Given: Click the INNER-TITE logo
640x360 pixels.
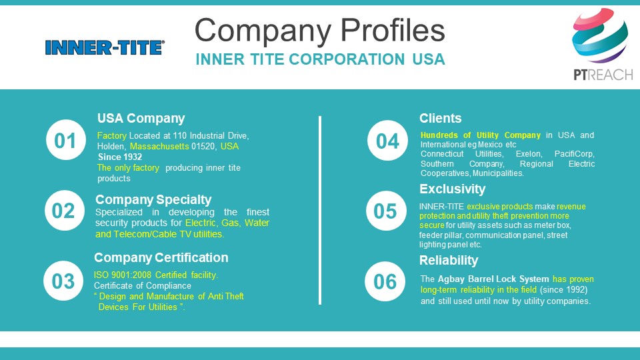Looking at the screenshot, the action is click(x=105, y=47).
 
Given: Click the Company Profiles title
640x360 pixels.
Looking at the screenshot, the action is click(x=319, y=31).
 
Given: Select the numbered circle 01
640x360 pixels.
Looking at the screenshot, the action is click(x=66, y=140).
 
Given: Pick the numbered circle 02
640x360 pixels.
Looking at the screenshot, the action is click(x=65, y=211).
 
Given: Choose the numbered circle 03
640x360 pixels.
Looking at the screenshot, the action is click(x=63, y=281).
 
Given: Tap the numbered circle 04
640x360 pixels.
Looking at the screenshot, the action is click(x=387, y=141).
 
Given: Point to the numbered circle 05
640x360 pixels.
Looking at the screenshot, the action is click(x=386, y=211).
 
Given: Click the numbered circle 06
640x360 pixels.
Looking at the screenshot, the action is click(x=385, y=281).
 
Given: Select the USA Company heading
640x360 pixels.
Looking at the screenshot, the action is click(x=141, y=119).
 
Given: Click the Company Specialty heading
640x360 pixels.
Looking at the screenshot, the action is click(x=153, y=199).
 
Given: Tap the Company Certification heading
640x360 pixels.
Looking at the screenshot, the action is click(x=161, y=257).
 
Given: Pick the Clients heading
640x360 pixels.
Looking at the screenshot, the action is click(x=441, y=119).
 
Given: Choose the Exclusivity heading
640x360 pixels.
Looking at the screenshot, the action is click(x=452, y=189).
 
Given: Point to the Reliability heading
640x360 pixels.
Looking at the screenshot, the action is click(x=449, y=261).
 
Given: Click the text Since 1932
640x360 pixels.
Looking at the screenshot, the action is click(x=120, y=157).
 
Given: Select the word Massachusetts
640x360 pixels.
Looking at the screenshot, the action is click(x=159, y=146).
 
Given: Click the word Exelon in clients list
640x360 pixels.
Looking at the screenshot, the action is click(x=529, y=154).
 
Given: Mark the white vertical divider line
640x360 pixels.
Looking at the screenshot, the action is click(x=320, y=210).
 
